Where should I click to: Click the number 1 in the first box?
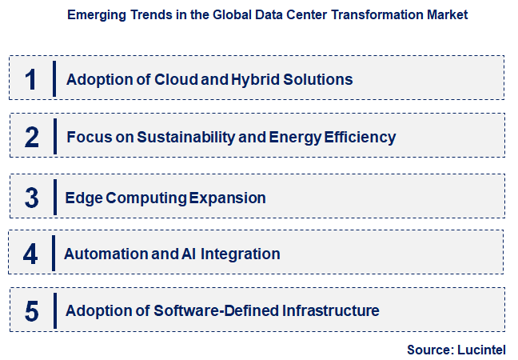[31, 79]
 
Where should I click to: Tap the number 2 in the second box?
[31, 137]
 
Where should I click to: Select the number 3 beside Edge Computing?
[31, 198]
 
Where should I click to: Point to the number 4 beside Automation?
[30, 254]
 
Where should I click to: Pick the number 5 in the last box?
[31, 310]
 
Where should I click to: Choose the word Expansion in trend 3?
[227, 198]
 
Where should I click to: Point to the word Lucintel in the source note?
[482, 349]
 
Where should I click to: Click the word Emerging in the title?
[97, 14]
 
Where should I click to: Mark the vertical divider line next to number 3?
[54, 197]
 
